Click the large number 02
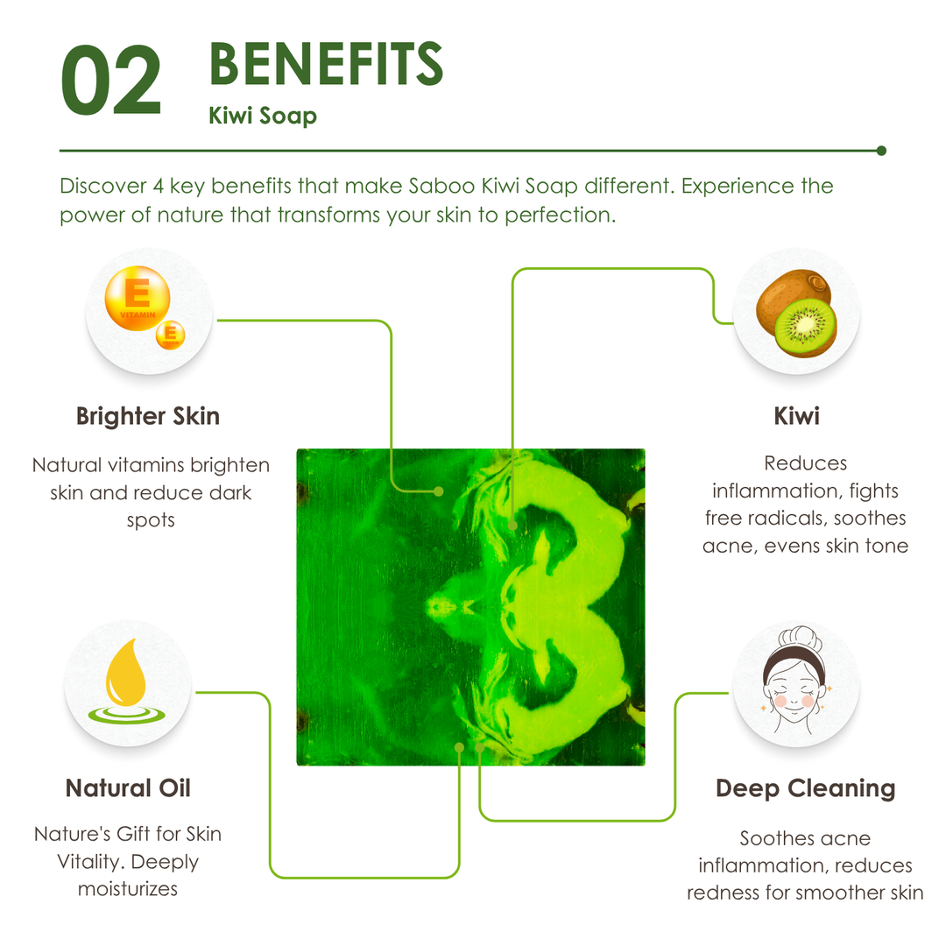(111, 81)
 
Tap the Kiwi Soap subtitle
(263, 116)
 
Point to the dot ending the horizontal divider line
(881, 151)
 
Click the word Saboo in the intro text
(441, 186)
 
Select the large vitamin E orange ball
(138, 298)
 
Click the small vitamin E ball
(171, 335)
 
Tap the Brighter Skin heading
(148, 416)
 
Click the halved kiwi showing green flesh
(806, 328)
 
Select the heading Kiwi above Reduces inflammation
(796, 416)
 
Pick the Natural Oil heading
(128, 788)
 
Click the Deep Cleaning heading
(806, 788)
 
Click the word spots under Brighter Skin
(151, 520)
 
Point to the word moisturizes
(128, 889)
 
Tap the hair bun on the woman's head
(800, 637)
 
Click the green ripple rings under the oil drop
(127, 715)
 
